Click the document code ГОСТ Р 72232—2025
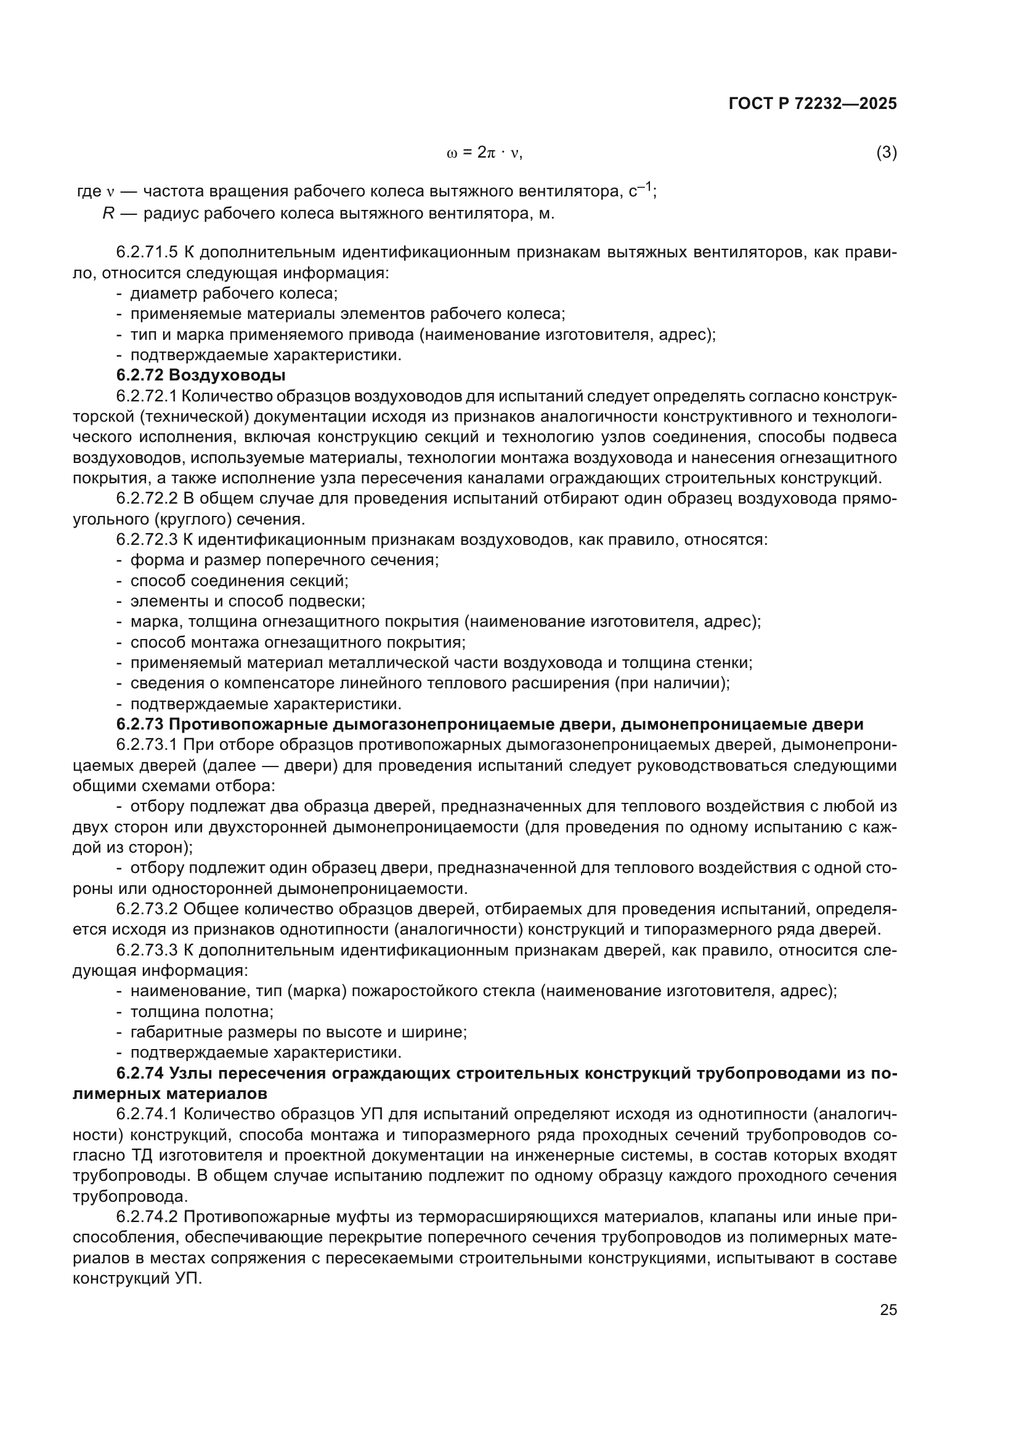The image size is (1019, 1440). [x=813, y=104]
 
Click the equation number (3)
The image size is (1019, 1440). [x=886, y=153]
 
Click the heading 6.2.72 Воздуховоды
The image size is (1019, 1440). [x=201, y=376]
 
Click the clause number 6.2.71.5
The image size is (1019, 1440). [x=147, y=253]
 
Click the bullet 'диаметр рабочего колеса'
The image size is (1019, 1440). [x=234, y=294]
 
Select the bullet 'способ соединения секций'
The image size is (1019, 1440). [x=239, y=581]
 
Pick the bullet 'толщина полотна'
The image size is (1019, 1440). [x=201, y=1011]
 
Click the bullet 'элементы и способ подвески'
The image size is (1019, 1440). [x=247, y=601]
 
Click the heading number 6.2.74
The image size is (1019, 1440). [x=139, y=1073]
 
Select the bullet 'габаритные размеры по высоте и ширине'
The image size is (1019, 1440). [x=298, y=1032]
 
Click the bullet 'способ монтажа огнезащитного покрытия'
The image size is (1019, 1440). [x=298, y=642]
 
